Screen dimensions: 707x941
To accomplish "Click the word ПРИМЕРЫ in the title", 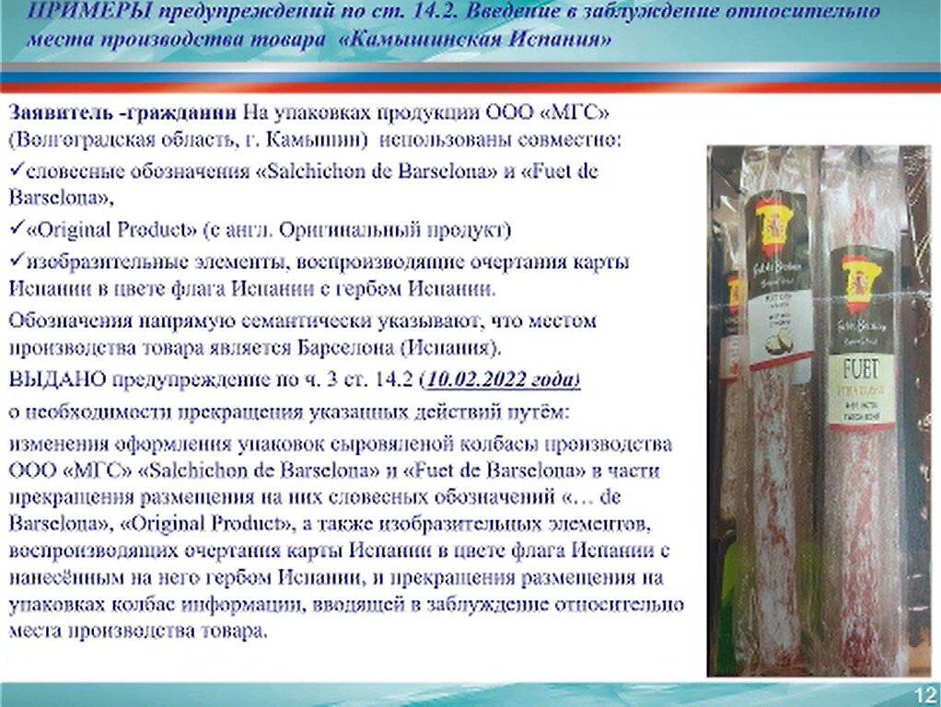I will click(x=72, y=13).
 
